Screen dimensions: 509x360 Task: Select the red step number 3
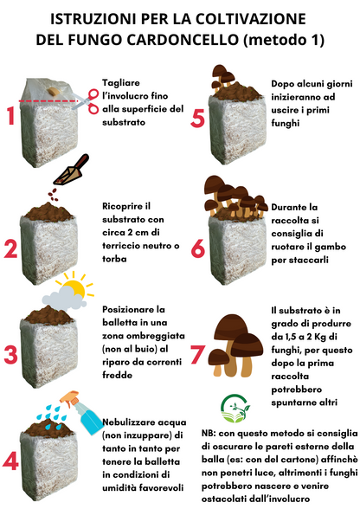tap(11, 354)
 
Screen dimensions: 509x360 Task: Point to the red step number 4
tap(11, 460)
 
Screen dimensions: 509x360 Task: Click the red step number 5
tap(197, 117)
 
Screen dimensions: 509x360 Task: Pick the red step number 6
tap(197, 247)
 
